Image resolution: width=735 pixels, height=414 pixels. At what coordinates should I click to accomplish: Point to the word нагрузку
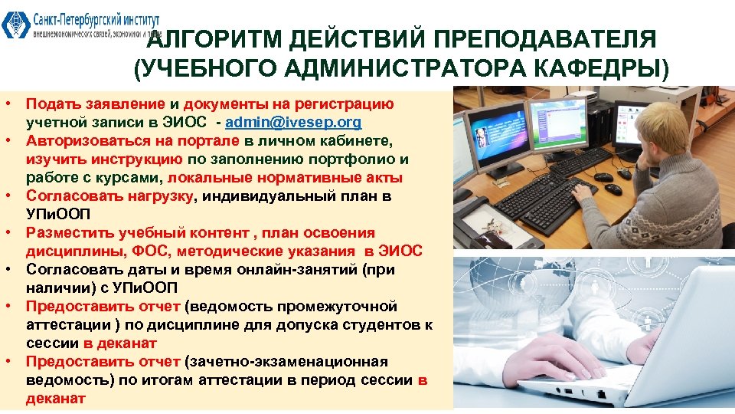tap(158, 196)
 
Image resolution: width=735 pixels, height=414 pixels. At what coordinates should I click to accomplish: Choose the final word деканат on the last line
tap(57, 399)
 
